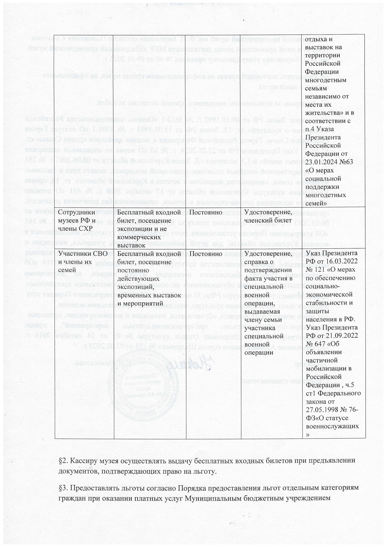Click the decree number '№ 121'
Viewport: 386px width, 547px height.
[x=315, y=269]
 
